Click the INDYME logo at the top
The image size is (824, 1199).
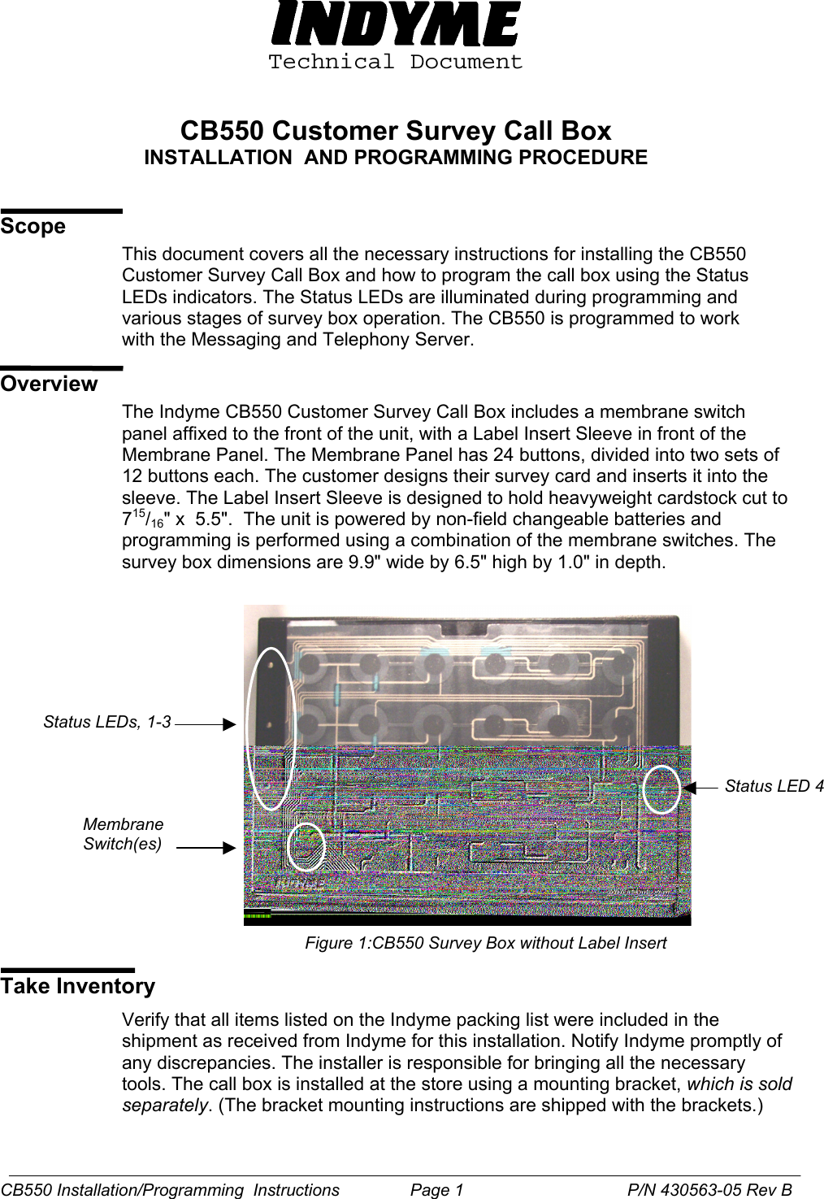396,24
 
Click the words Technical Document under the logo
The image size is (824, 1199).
396,62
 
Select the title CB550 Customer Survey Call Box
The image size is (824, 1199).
396,131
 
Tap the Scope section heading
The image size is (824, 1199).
33,226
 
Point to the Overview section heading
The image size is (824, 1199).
49,384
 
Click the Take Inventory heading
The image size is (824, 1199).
78,986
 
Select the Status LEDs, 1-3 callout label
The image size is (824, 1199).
107,722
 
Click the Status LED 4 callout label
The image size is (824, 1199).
774,786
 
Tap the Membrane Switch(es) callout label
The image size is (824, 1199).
123,834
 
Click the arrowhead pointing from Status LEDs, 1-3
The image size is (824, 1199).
230,723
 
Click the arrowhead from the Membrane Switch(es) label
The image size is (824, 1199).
230,848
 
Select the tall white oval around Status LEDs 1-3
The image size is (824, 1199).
271,728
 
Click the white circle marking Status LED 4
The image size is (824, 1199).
661,788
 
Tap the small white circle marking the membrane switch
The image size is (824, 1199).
306,846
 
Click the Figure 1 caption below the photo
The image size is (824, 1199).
485,943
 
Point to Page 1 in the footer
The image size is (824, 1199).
436,1190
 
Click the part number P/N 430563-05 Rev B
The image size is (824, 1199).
709,1190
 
